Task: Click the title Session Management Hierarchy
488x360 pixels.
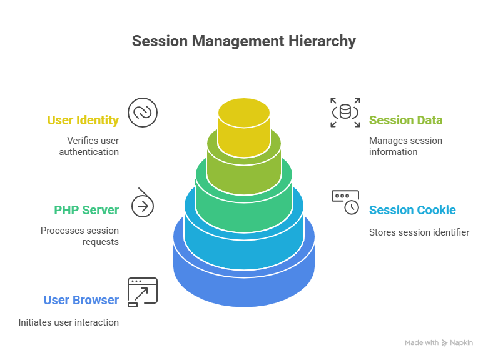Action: [x=243, y=41]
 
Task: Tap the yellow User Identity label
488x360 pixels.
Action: [x=83, y=120]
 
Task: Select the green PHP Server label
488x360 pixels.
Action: [x=86, y=210]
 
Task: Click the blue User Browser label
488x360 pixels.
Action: [x=81, y=300]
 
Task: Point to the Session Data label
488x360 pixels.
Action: [x=405, y=120]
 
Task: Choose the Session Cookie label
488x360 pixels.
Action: [x=412, y=210]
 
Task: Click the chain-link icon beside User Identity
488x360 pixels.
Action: [x=143, y=112]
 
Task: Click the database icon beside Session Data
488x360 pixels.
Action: [x=345, y=112]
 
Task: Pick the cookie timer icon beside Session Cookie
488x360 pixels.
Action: [x=345, y=202]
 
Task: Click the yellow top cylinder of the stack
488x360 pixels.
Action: [x=244, y=125]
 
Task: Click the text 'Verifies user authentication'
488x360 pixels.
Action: [x=93, y=146]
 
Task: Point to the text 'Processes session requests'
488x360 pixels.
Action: [x=79, y=236]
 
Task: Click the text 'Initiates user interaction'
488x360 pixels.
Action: [x=68, y=322]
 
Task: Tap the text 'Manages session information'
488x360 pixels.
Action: [x=405, y=146]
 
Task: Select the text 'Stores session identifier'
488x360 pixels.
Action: [x=419, y=232]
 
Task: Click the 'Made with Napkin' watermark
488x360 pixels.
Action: [x=439, y=343]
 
